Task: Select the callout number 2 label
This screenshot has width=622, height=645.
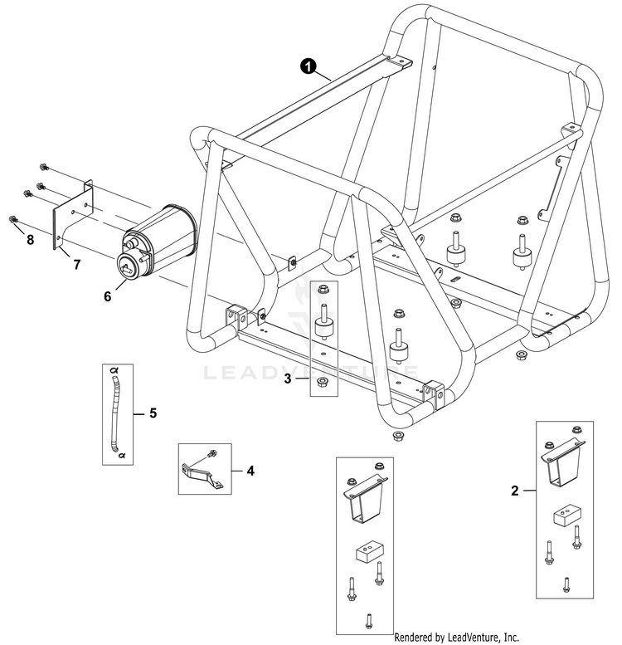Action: point(515,491)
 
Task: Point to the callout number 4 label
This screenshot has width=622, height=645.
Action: point(250,470)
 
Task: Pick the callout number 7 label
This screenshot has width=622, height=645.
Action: point(76,265)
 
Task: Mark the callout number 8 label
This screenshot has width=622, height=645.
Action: point(31,242)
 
